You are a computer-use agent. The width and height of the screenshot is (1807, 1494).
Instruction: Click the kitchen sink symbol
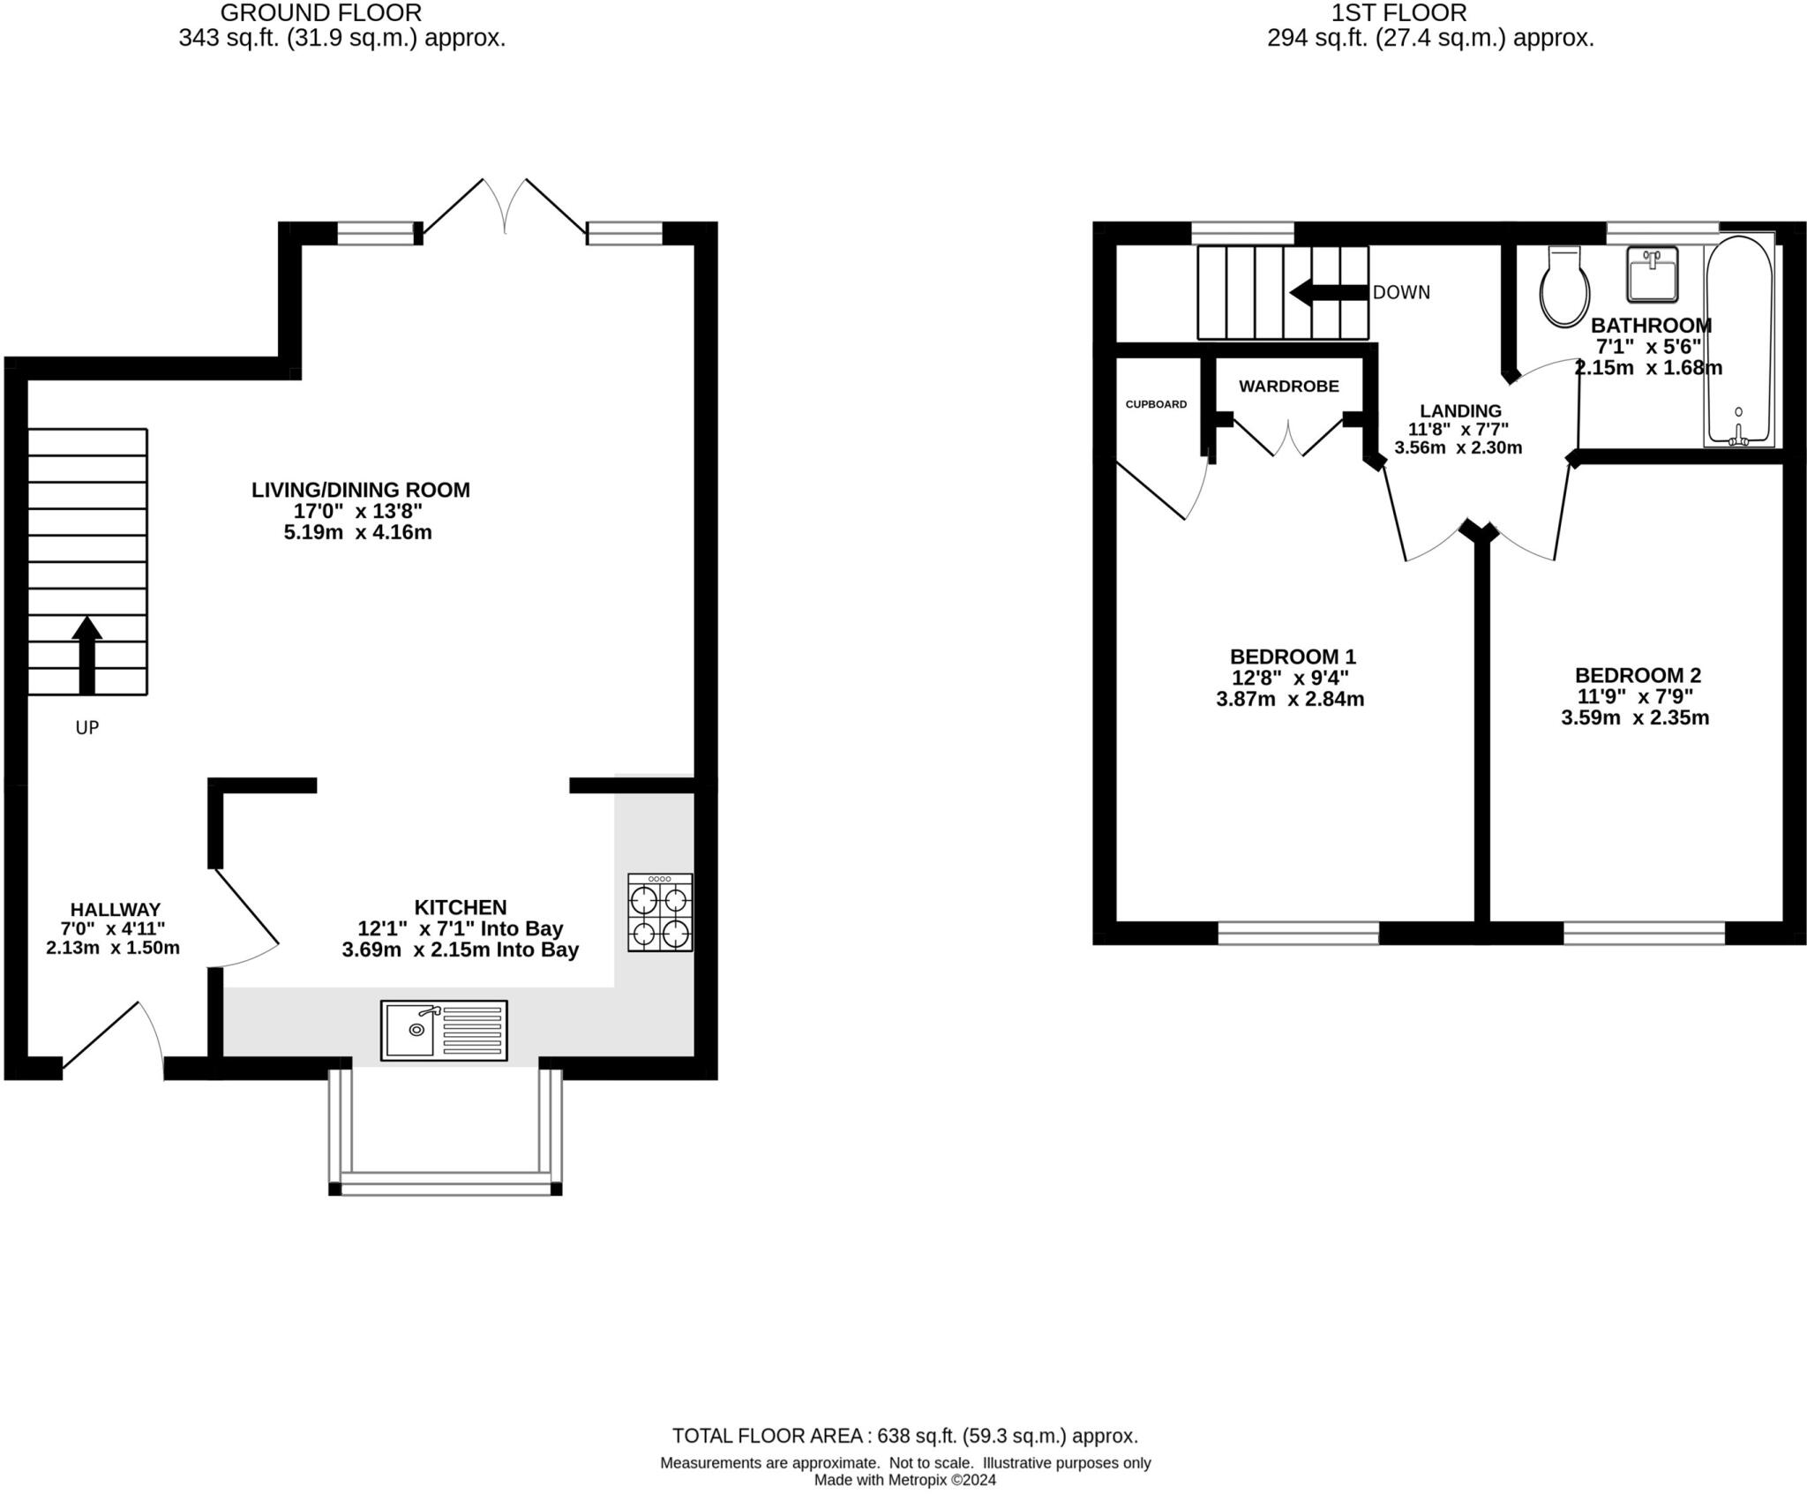pyautogui.click(x=444, y=1030)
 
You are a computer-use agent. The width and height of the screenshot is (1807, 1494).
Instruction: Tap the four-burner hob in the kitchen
pyautogui.click(x=660, y=912)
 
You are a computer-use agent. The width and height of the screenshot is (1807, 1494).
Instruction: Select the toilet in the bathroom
pyautogui.click(x=1564, y=288)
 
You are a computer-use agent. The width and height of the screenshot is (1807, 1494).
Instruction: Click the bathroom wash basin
pyautogui.click(x=1652, y=274)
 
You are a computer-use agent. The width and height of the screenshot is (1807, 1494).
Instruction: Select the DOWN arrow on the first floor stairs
pyautogui.click(x=1329, y=292)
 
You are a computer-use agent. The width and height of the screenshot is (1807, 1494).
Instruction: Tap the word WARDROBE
pyautogui.click(x=1288, y=386)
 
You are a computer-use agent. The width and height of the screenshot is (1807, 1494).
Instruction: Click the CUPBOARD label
pyautogui.click(x=1156, y=404)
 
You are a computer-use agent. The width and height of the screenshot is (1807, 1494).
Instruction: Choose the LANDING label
pyautogui.click(x=1460, y=410)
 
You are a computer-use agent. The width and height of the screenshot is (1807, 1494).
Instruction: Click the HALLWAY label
pyautogui.click(x=116, y=909)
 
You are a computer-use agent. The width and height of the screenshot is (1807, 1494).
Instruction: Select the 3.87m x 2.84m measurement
pyautogui.click(x=1290, y=699)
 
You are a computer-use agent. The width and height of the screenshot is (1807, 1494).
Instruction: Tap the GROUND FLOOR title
pyautogui.click(x=320, y=13)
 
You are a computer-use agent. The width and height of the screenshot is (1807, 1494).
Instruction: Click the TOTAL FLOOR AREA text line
pyautogui.click(x=904, y=1435)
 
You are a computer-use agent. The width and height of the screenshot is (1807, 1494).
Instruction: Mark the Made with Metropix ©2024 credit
pyautogui.click(x=904, y=1480)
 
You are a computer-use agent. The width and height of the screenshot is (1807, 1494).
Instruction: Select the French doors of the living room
pyautogui.click(x=505, y=207)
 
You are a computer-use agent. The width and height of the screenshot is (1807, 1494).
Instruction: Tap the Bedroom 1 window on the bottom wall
pyautogui.click(x=1298, y=933)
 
